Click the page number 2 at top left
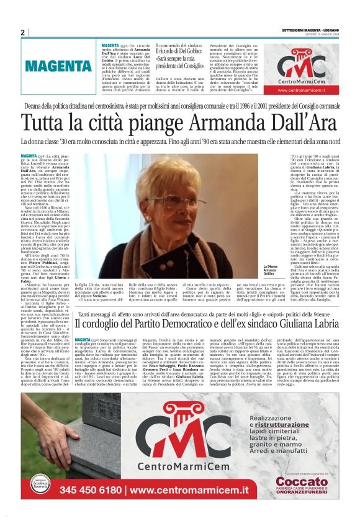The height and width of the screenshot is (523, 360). pyautogui.click(x=22, y=32)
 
